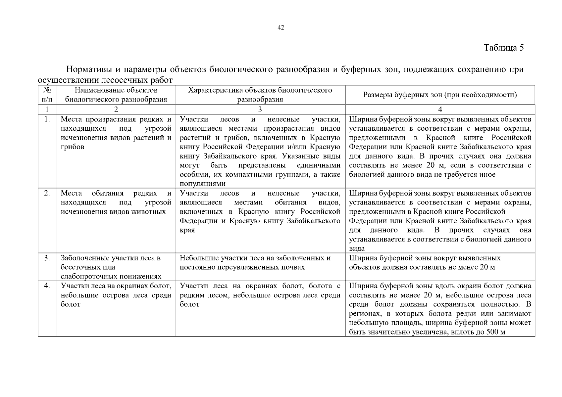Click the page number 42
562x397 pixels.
281,28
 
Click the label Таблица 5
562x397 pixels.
504,48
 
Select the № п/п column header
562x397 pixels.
47,95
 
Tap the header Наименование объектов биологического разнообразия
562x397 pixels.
116,95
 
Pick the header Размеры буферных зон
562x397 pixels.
440,95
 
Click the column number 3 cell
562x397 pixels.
260,110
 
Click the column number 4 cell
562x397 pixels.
440,110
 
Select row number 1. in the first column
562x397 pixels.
47,119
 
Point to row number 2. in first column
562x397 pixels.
47,193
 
